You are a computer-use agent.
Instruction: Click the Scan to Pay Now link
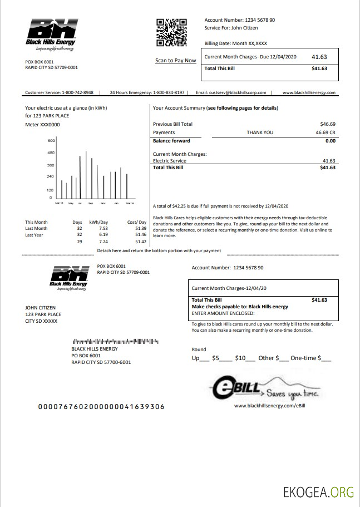tap(175, 61)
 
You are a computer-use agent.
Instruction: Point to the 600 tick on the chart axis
tap(51, 140)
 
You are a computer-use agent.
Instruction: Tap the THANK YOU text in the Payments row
tap(260, 132)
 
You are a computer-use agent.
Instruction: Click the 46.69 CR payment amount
tap(326, 132)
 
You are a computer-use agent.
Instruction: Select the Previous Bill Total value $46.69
tap(328, 124)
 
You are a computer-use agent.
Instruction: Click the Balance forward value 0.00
tap(330, 141)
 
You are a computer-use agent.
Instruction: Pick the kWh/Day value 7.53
tap(103, 228)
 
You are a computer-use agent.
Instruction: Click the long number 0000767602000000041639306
tap(101, 406)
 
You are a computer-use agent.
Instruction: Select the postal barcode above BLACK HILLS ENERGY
tap(115, 341)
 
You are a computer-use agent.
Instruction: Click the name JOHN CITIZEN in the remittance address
tap(41, 307)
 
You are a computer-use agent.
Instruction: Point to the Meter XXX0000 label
tap(42, 125)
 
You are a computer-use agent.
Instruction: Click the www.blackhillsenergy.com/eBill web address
tap(270, 406)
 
